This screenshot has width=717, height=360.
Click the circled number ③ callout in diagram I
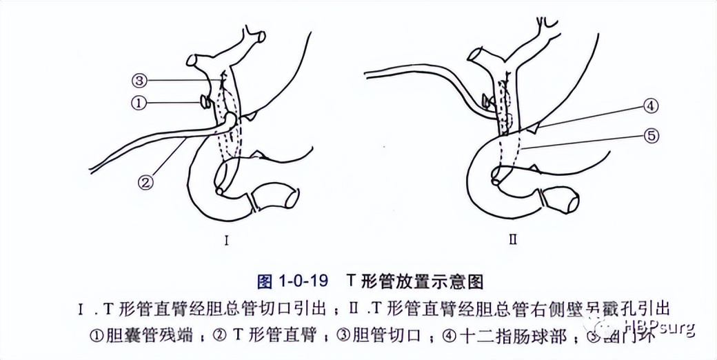click(139, 81)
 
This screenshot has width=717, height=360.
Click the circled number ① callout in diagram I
click(139, 103)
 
